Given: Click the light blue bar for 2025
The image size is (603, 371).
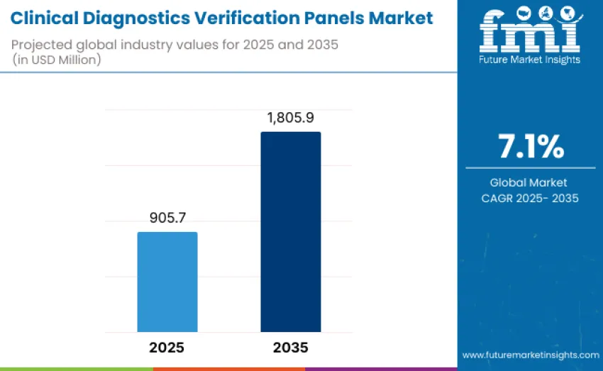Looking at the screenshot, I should [167, 282].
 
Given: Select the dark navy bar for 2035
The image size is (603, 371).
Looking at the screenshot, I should [290, 232].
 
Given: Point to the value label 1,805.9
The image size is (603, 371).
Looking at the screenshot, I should [290, 118].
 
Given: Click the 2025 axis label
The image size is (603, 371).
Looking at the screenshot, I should [167, 348].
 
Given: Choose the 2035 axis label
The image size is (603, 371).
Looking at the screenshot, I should [290, 348].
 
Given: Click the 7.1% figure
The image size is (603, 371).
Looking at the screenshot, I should [531, 147].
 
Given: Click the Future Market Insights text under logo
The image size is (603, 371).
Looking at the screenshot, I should [530, 60].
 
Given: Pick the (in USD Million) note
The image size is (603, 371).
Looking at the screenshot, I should [57, 60].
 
